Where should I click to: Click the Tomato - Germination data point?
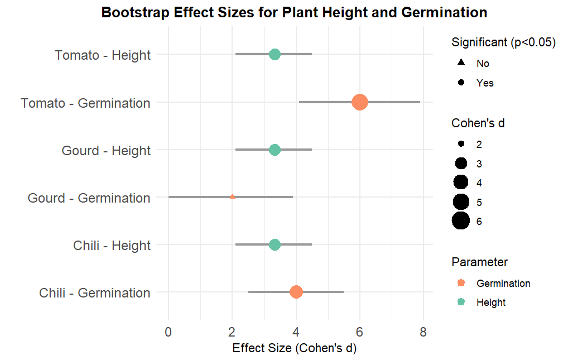coord(360,102)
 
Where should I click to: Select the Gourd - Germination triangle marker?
coord(232,196)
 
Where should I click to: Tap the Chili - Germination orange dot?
coord(296,292)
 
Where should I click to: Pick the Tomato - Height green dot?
coord(275,54)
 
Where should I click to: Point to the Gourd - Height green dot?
coord(275,150)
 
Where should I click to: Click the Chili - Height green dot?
coord(275,244)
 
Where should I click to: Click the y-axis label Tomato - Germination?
coord(85,103)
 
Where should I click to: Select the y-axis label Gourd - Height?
coord(106,151)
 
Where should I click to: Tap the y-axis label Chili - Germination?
coord(95,293)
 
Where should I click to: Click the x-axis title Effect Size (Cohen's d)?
coord(294,348)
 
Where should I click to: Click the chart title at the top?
coord(294,12)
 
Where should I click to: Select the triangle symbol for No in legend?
coord(461,63)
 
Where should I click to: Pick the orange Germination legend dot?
coord(461,283)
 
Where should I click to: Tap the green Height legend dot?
coord(461,302)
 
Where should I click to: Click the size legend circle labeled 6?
coord(461,221)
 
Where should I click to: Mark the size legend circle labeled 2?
coord(461,144)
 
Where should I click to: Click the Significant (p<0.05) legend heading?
coord(503,42)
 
